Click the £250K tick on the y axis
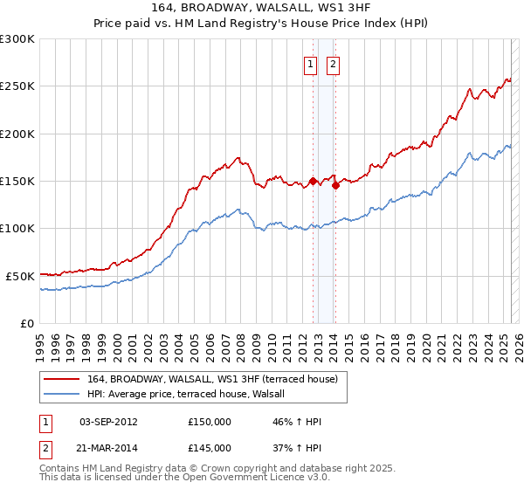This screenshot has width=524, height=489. (x=17, y=86)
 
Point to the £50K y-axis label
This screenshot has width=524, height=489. (x=20, y=276)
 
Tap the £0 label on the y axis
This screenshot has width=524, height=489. (x=27, y=323)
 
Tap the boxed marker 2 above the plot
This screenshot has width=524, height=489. (x=334, y=64)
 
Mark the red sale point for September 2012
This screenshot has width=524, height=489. (x=313, y=182)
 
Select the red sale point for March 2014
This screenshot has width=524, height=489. (x=336, y=186)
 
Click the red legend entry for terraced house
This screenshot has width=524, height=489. (x=217, y=378)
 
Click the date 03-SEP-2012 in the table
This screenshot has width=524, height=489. (x=108, y=422)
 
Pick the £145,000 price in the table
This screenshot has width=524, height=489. (x=210, y=447)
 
